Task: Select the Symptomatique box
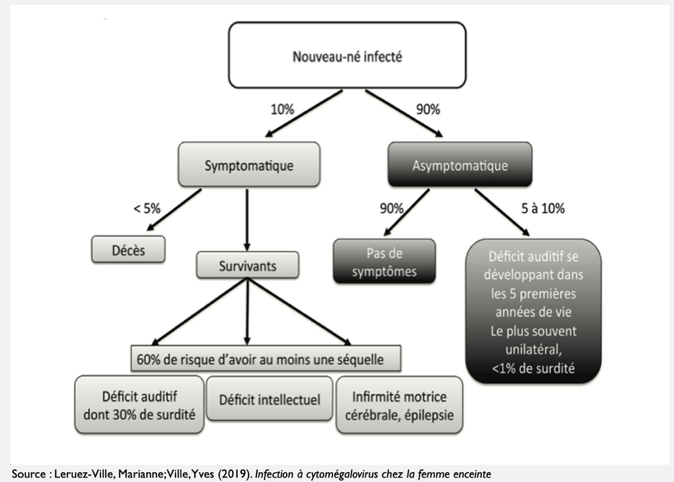tap(249, 165)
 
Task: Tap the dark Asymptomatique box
tap(460, 165)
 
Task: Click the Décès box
tap(128, 250)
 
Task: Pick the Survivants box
tap(248, 265)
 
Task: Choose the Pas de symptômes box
tap(384, 261)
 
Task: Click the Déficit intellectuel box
tap(269, 399)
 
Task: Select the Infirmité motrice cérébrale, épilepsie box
tap(399, 405)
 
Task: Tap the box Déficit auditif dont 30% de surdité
tap(139, 405)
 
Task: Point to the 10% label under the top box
tap(282, 109)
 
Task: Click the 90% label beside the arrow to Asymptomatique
tap(428, 109)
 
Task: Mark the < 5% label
tap(147, 208)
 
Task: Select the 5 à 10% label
tap(543, 208)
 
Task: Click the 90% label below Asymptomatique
tap(391, 208)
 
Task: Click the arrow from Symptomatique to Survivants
tap(247, 219)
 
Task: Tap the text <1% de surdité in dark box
tap(533, 368)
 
